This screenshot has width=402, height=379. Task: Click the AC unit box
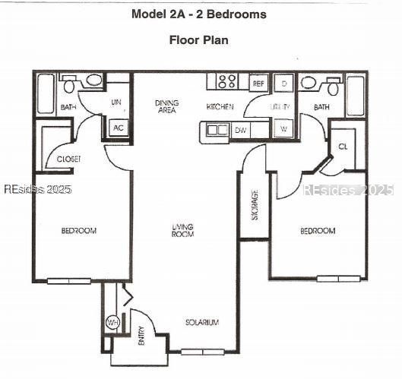pos(118,128)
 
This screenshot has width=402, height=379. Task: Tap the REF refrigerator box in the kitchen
pos(258,83)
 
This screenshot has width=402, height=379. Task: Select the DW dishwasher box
pos(240,130)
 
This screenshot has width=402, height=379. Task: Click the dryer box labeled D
pos(283,83)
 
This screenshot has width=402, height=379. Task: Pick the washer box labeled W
pos(283,129)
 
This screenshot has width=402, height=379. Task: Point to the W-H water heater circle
pos(112,323)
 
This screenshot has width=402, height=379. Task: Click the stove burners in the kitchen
pos(226,81)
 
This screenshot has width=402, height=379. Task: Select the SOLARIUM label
pos(202,323)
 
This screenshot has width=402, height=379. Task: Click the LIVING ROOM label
pos(183,230)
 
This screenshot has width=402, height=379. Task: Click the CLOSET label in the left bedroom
pos(69,159)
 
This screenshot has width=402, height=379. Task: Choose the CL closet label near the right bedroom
pos(343,146)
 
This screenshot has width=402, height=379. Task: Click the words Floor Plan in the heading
pos(198,39)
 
